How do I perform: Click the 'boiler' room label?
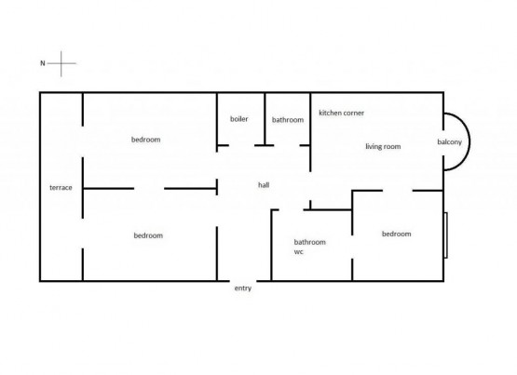click(239, 119)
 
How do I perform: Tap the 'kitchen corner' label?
click(341, 113)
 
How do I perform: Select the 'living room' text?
click(383, 146)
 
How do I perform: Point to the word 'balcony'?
click(449, 141)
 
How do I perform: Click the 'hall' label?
click(264, 185)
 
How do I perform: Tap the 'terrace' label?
click(61, 188)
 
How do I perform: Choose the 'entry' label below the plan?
click(243, 288)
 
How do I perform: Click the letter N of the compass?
click(43, 63)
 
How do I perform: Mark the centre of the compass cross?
click(61, 63)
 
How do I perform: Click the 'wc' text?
click(298, 252)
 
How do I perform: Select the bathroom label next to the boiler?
click(288, 120)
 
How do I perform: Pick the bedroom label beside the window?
click(396, 234)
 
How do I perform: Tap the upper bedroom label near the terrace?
click(145, 140)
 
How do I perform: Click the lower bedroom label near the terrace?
click(148, 235)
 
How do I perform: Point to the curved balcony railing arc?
click(469, 141)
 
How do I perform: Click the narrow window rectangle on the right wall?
click(445, 235)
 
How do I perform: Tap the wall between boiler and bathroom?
click(265, 119)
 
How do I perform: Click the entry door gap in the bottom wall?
click(243, 281)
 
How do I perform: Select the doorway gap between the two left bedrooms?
click(149, 189)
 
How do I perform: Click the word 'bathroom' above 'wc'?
click(310, 242)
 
